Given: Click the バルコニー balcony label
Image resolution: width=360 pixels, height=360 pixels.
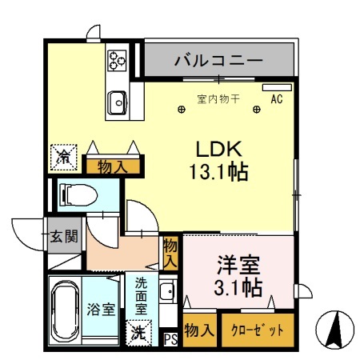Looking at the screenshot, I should point(218,60).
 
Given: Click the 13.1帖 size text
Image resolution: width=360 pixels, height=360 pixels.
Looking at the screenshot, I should point(217,170).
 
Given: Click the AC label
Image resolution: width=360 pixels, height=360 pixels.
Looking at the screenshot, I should point(278,99).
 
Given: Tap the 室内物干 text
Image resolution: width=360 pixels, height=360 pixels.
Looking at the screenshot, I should point(218,99).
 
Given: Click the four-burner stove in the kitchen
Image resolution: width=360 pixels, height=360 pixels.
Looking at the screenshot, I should point(118,59).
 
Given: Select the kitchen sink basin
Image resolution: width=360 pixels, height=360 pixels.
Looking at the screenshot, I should point(118,102).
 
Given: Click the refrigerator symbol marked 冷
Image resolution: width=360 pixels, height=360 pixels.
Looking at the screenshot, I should point(61,157).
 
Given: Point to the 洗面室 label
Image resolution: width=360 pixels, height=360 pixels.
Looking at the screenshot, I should point(140,294).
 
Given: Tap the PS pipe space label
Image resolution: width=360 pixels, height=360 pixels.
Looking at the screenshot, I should point(170,338).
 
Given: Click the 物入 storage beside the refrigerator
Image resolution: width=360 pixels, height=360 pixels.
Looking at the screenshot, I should point(111,166).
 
